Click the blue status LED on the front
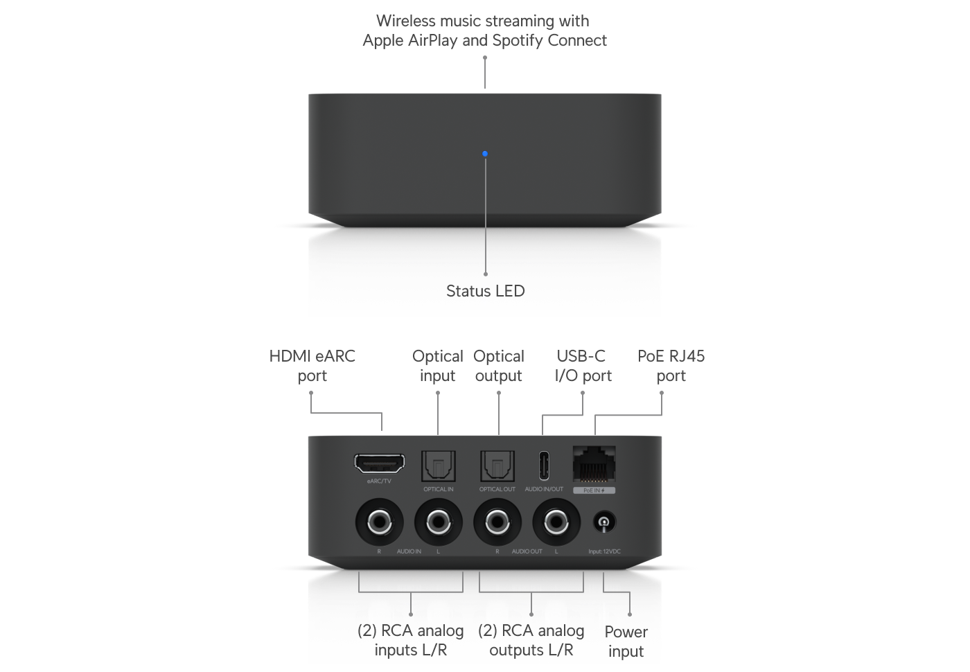[485, 154]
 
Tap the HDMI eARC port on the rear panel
[380, 463]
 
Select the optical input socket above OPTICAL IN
[438, 466]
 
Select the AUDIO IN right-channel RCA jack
[379, 522]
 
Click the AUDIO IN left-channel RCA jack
[438, 522]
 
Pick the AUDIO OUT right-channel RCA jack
[497, 522]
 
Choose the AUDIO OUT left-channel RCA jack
[556, 522]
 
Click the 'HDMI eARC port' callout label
[312, 366]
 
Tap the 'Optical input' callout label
[438, 366]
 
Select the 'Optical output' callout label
[499, 366]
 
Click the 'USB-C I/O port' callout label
[583, 366]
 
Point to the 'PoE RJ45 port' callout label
[671, 366]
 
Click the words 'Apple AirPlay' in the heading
[409, 40]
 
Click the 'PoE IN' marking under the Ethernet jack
[594, 490]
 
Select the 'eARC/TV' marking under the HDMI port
[379, 481]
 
